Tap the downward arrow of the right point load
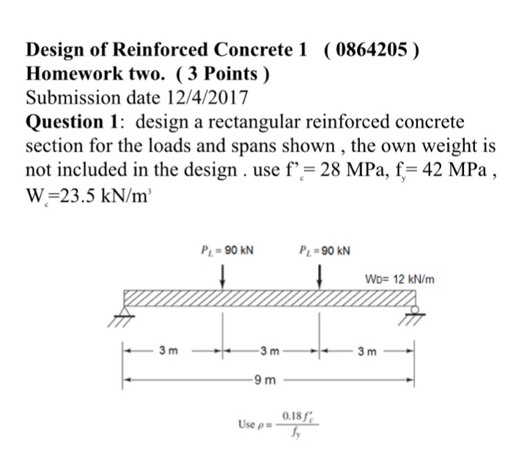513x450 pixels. (x=320, y=277)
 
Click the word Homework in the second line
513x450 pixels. (x=70, y=73)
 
